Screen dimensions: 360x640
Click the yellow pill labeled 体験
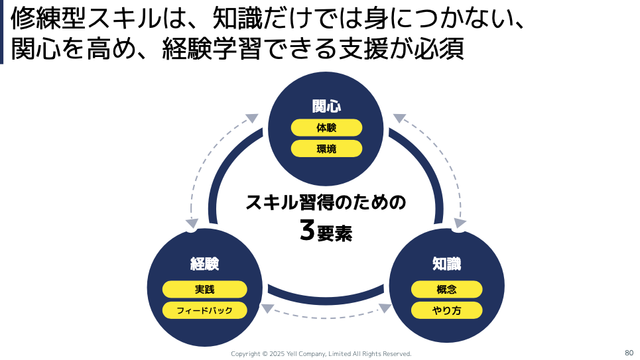(326, 128)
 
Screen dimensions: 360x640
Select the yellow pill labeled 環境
(326, 149)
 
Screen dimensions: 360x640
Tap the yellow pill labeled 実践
(205, 290)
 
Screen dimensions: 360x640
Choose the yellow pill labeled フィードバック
(205, 310)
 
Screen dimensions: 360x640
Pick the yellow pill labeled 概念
(446, 290)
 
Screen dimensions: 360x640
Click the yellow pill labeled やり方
(446, 310)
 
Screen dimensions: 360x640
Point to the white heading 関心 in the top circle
(326, 106)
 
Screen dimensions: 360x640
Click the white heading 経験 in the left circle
(205, 264)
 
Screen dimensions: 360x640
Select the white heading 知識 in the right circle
(446, 264)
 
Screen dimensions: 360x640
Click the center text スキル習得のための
(326, 202)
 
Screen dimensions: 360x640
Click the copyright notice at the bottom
(321, 354)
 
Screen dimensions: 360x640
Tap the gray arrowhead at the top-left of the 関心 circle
(251, 119)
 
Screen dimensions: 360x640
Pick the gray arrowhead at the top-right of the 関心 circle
(399, 119)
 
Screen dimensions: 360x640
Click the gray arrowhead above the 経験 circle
(192, 223)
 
